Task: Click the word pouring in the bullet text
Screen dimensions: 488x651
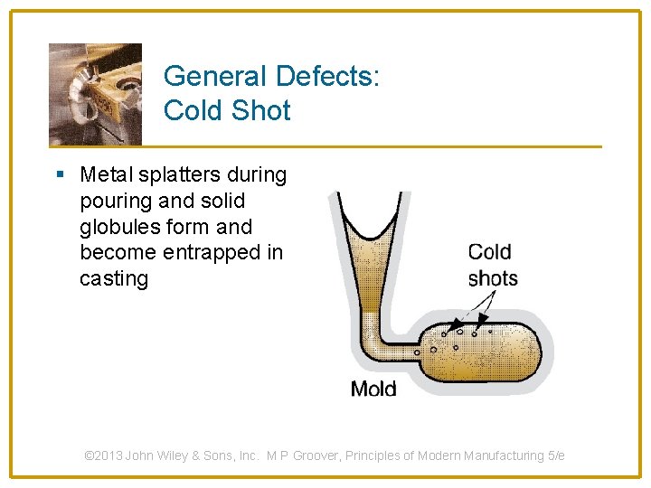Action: point(114,200)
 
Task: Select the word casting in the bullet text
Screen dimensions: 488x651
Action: point(114,278)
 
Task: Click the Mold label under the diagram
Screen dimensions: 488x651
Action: point(373,389)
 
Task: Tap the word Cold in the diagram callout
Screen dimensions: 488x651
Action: point(489,252)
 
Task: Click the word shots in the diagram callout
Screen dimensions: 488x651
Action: point(493,277)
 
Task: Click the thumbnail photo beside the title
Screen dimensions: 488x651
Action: point(95,93)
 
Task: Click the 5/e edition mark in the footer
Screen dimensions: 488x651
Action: point(554,456)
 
